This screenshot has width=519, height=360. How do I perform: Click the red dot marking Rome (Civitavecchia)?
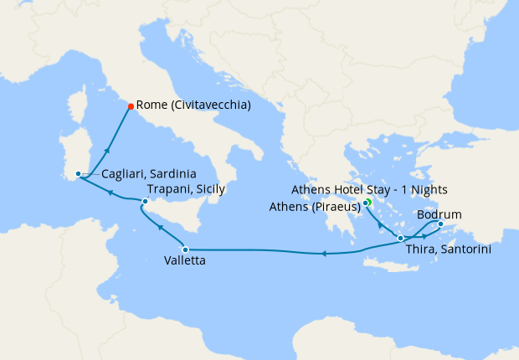131,105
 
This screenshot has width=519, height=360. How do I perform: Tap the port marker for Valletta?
185,249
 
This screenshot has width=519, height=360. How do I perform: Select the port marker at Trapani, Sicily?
145,201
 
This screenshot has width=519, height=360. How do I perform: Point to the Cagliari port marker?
78,174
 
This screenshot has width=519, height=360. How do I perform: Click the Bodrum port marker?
440,224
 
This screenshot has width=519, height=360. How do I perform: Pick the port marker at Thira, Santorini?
401,239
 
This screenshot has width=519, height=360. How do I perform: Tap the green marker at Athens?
367,203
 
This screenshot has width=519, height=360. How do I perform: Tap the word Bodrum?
439,214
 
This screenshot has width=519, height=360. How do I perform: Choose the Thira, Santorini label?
448,249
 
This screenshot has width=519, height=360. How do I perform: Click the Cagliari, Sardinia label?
149,175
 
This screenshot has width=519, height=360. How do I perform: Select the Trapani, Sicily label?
186,190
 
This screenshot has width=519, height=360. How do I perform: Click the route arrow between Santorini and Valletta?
324,252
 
